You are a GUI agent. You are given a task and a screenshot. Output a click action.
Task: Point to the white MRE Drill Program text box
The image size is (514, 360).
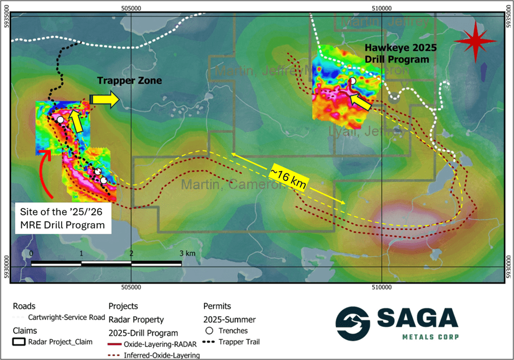click(x=62, y=218)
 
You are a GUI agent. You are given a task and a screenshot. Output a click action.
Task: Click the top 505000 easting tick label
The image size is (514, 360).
click(x=131, y=8)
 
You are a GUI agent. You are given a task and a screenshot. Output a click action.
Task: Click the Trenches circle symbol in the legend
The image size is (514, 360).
click(x=209, y=330)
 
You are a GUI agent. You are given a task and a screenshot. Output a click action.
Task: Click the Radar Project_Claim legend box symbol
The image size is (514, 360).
click(x=20, y=342)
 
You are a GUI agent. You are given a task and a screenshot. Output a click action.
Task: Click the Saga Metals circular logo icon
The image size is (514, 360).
click(x=352, y=323)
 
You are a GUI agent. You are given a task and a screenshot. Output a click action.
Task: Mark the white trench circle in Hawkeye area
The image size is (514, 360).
click(x=353, y=81)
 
